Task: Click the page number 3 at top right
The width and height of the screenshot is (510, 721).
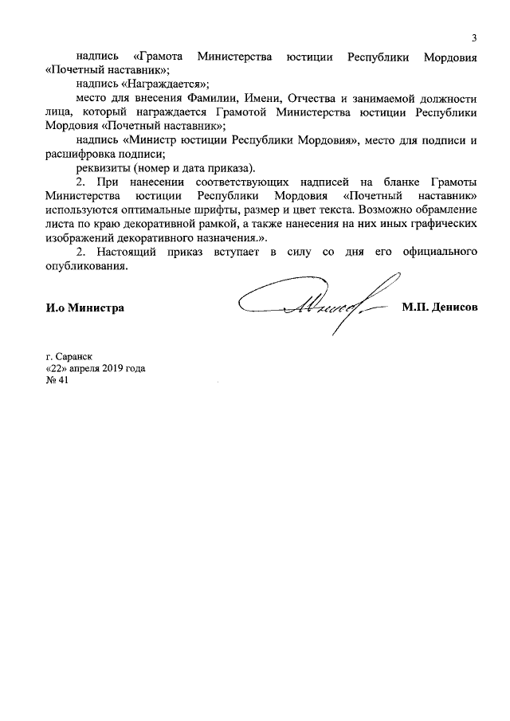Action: [x=474, y=38]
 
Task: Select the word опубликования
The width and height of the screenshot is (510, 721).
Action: [x=87, y=267]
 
